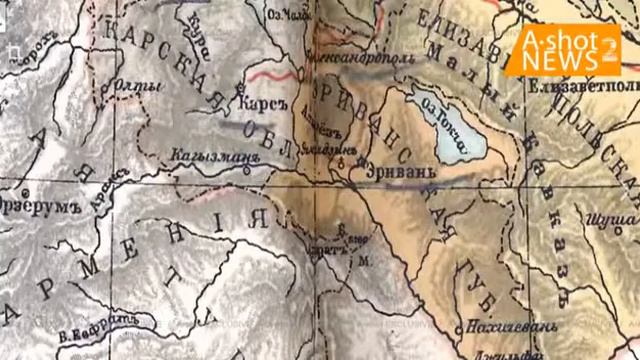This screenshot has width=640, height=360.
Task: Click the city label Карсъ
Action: [258, 102]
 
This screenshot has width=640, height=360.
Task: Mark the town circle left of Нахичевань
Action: [462, 328]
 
